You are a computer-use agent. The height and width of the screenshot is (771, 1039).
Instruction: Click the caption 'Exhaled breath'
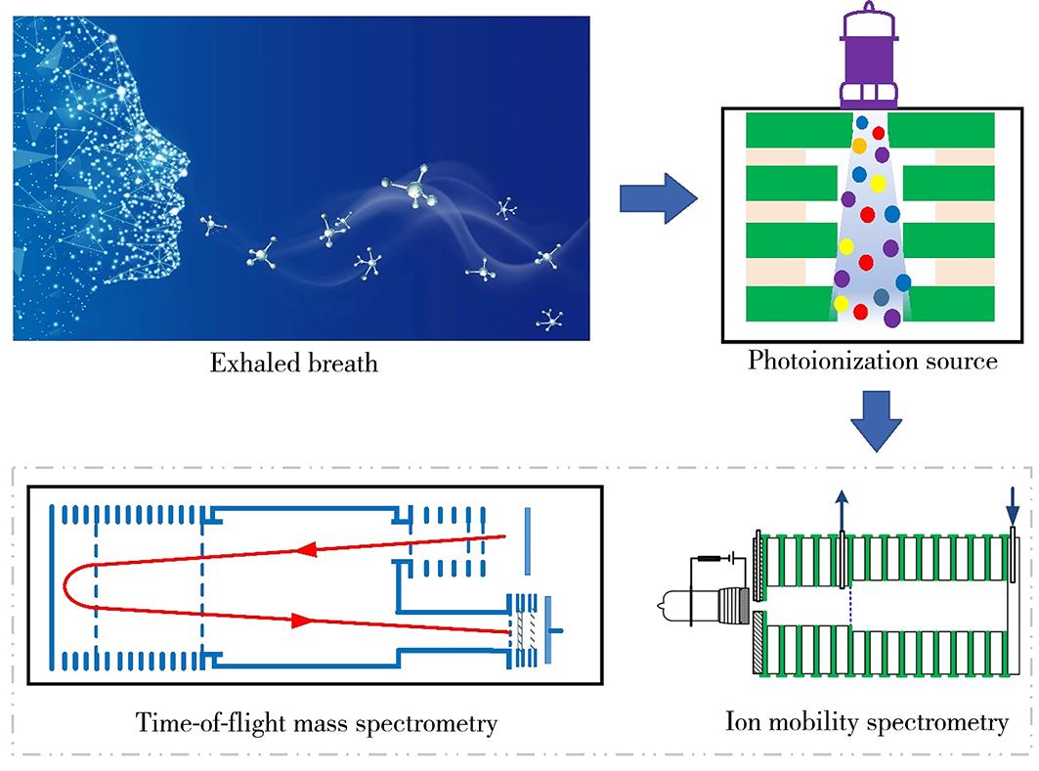294,365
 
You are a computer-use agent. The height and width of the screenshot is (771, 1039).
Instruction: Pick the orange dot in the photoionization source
859,146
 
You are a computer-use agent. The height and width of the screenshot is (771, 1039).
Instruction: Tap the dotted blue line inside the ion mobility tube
851,607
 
